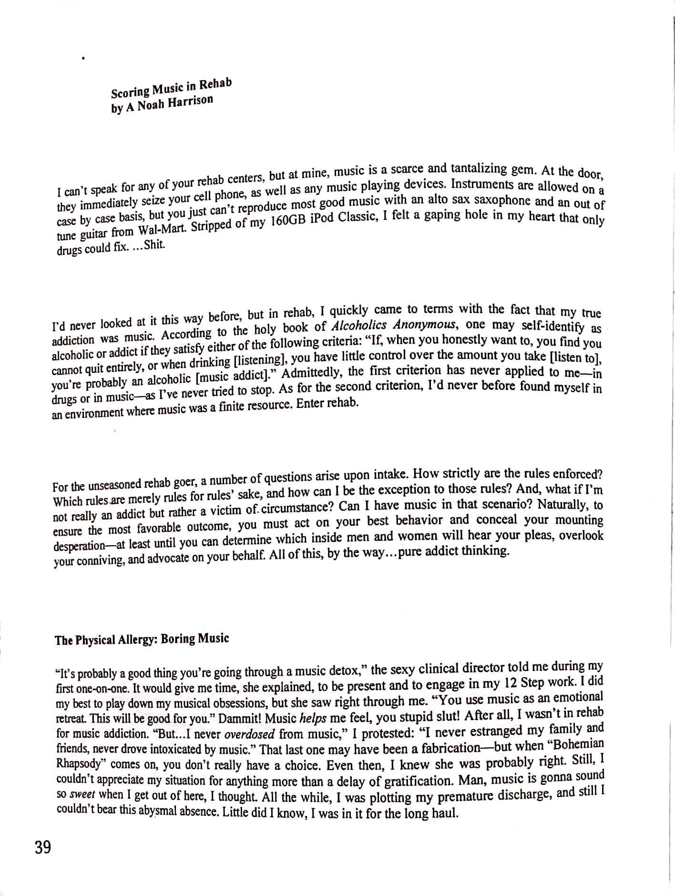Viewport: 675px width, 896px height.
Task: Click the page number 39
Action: [42, 848]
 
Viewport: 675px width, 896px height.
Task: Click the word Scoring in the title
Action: [130, 91]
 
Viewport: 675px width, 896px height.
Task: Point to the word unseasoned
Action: [102, 485]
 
